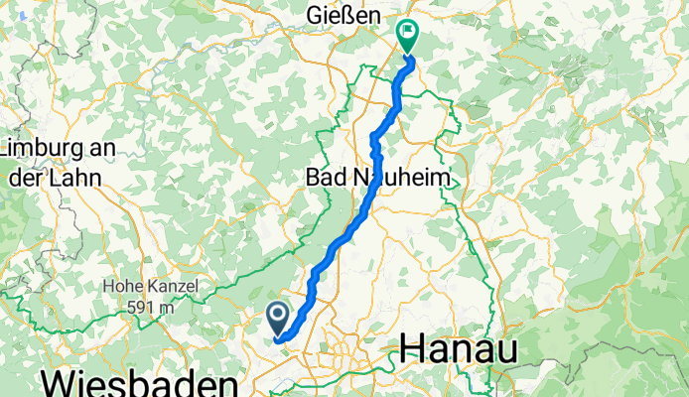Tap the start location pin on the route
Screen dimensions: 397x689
(x=277, y=319)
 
